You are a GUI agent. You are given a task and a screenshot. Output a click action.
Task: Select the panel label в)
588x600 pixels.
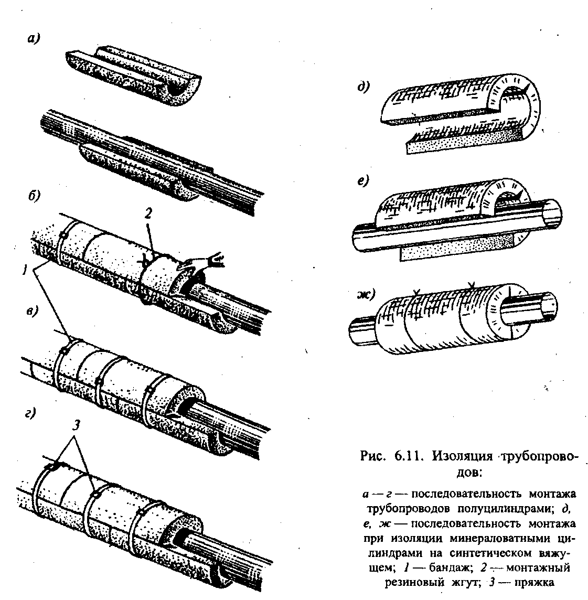33,311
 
